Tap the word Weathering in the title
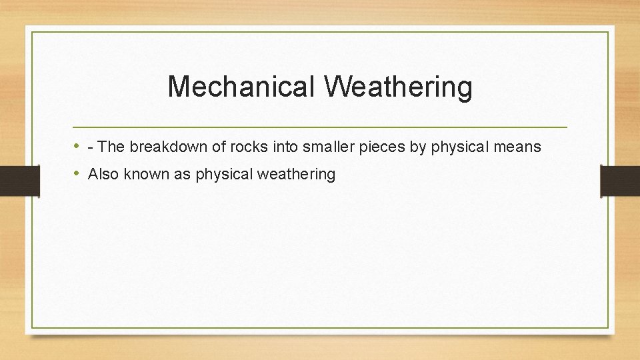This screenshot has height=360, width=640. [398, 87]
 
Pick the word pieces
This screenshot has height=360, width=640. [383, 147]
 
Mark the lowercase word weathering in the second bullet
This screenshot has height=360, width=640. [297, 175]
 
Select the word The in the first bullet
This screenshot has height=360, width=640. [111, 147]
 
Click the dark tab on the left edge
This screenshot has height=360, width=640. [19, 181]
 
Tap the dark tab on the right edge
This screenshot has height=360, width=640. [620, 181]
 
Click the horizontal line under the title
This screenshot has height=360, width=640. [320, 127]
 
